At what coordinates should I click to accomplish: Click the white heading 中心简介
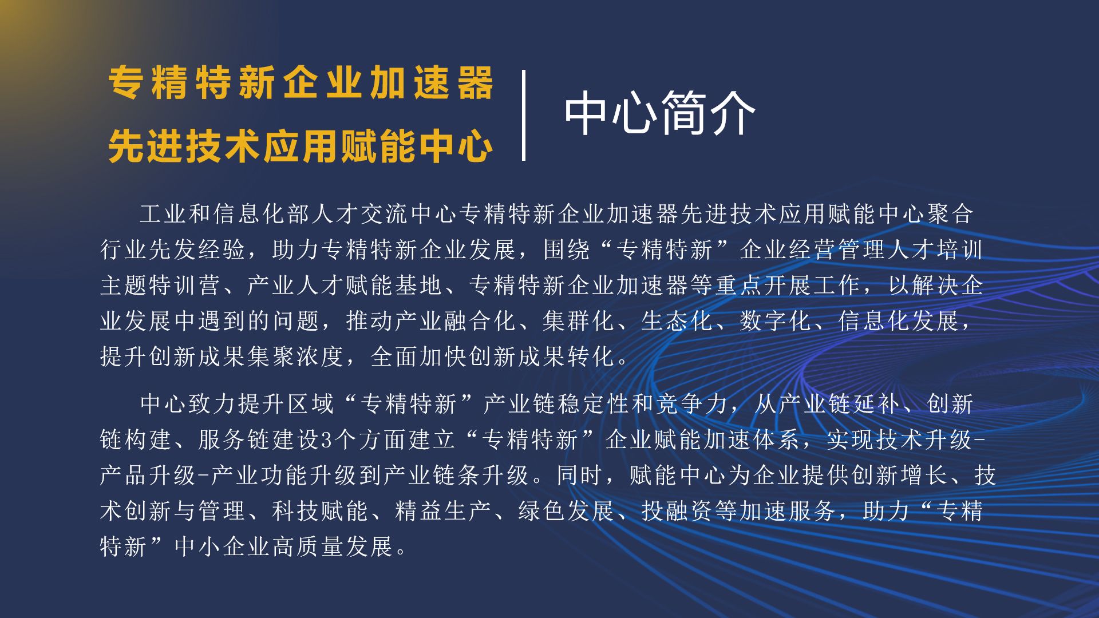tap(660, 114)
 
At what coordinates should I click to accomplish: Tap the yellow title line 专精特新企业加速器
tap(301, 83)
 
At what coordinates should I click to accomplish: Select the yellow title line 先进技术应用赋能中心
tap(301, 146)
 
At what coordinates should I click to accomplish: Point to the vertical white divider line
tap(524, 115)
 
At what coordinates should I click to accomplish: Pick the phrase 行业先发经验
tap(173, 249)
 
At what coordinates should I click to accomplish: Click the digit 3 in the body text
tap(327, 440)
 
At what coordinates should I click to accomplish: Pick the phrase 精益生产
tap(443, 511)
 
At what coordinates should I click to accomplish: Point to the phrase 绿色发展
tap(567, 511)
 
